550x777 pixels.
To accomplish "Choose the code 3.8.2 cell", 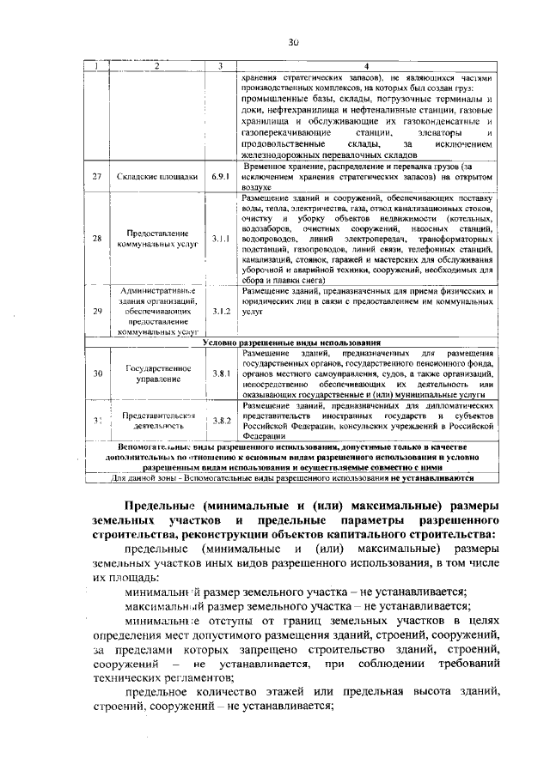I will [x=222, y=420].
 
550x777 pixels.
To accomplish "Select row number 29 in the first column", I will [x=98, y=310].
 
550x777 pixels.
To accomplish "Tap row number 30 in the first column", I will [x=98, y=373].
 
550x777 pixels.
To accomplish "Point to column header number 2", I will [x=157, y=66].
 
